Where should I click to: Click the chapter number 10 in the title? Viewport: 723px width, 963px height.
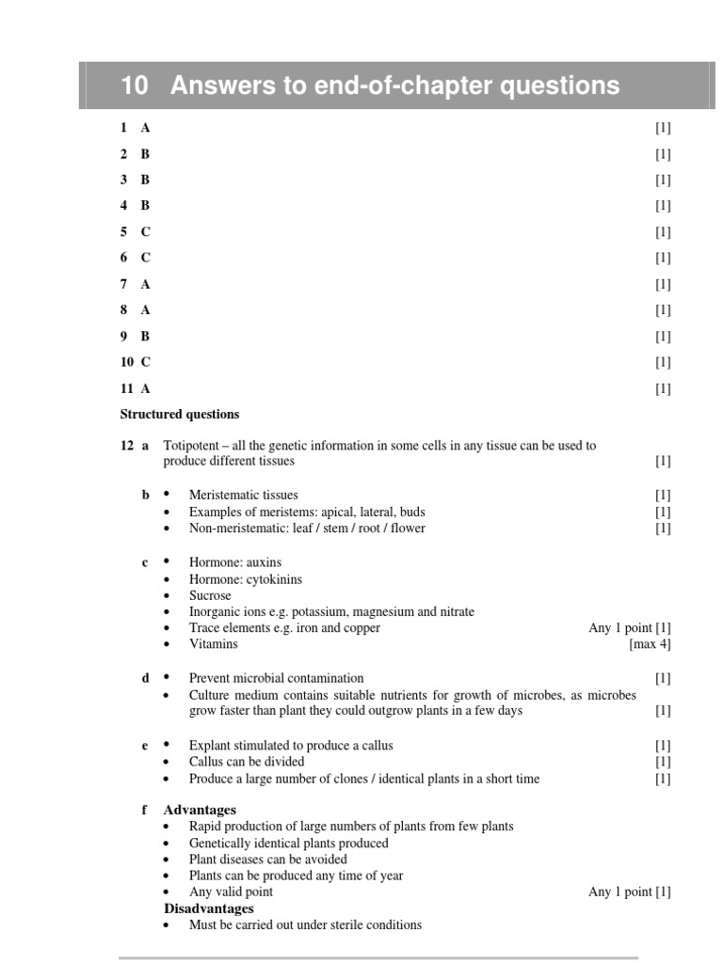click(135, 87)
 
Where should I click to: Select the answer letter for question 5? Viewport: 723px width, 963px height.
click(146, 231)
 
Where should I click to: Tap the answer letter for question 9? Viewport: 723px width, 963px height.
click(146, 336)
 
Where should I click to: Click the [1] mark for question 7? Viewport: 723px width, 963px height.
click(663, 284)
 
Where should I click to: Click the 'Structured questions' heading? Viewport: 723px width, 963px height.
click(180, 414)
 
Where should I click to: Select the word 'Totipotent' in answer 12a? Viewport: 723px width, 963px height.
click(192, 446)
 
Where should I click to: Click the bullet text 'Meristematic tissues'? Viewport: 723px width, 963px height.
click(243, 496)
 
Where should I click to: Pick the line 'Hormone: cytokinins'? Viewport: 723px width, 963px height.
click(246, 579)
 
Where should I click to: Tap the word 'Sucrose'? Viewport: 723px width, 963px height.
click(210, 595)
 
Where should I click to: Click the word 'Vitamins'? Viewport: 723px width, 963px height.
click(213, 644)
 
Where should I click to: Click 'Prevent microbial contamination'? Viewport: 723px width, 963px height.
click(276, 678)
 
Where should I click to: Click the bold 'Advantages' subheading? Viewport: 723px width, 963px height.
click(200, 810)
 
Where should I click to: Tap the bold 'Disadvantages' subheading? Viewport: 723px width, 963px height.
click(209, 908)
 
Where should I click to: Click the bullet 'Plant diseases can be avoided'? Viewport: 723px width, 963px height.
click(267, 860)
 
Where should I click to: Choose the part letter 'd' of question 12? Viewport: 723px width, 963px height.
click(146, 678)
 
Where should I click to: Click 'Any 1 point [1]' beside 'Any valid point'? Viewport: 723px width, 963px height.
click(629, 892)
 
